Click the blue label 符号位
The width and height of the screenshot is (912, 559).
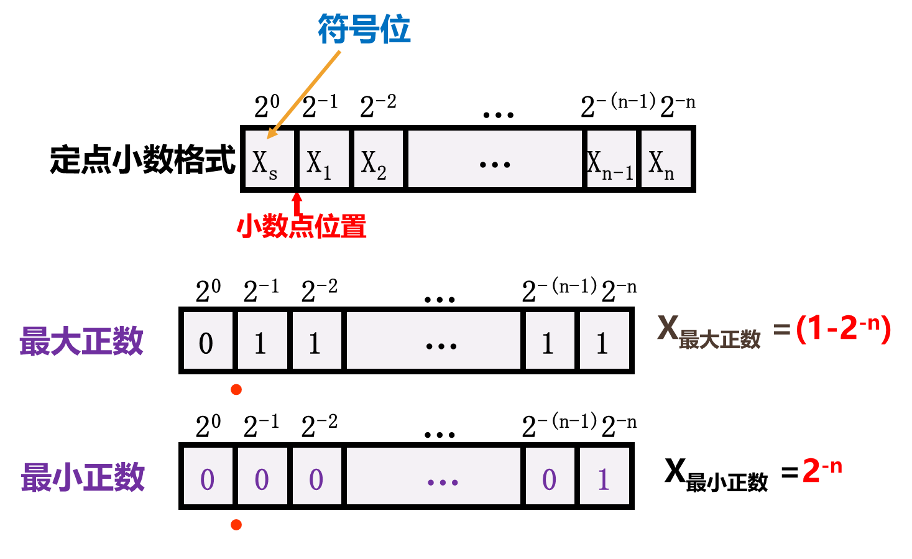coord(364,29)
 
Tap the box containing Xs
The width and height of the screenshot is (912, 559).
coord(269,159)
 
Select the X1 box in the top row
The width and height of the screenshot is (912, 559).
coord(324,159)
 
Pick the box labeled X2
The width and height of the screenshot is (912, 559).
coord(378,159)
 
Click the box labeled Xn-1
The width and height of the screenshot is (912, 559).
coord(611,159)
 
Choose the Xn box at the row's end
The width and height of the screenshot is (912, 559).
coord(666,159)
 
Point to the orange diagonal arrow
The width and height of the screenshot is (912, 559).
coord(305,94)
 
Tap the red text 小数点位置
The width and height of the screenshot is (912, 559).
coord(302,226)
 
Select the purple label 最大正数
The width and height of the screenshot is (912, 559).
coord(81,341)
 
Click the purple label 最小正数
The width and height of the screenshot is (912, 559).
coord(83,477)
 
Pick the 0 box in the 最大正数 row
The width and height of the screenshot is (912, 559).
coord(208,341)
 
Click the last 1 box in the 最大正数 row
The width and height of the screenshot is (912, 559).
coord(604,341)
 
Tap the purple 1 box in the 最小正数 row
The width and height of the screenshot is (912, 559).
coord(604,476)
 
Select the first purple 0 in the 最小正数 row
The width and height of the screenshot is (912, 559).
coord(208,476)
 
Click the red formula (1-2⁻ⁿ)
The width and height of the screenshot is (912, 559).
coord(844,328)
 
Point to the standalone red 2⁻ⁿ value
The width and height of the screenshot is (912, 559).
coord(822,469)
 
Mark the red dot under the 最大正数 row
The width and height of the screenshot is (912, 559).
coord(236,390)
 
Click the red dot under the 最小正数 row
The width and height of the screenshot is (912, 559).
coord(236,525)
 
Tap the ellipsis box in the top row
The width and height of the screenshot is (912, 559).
coord(495,159)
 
